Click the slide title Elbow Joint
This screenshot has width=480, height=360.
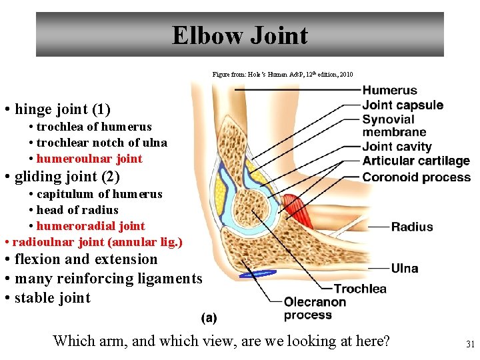coord(240,35)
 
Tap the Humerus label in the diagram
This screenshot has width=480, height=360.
coord(389,91)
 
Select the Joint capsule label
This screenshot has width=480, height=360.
coord(403,105)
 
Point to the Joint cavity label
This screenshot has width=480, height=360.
coord(397,147)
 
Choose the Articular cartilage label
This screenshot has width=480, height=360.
coord(416,161)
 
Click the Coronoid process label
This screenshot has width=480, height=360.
coord(416,177)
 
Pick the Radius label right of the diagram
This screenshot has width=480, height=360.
coord(412,227)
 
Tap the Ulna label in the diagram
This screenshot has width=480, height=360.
coord(405,268)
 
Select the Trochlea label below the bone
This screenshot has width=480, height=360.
coord(360,289)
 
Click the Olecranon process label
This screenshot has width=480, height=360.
coord(315,308)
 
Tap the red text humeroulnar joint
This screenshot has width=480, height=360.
coord(89,159)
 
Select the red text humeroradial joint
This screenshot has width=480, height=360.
coord(91,226)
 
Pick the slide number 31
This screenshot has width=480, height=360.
coord(469,345)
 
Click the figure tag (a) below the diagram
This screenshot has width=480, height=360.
coord(209,319)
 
